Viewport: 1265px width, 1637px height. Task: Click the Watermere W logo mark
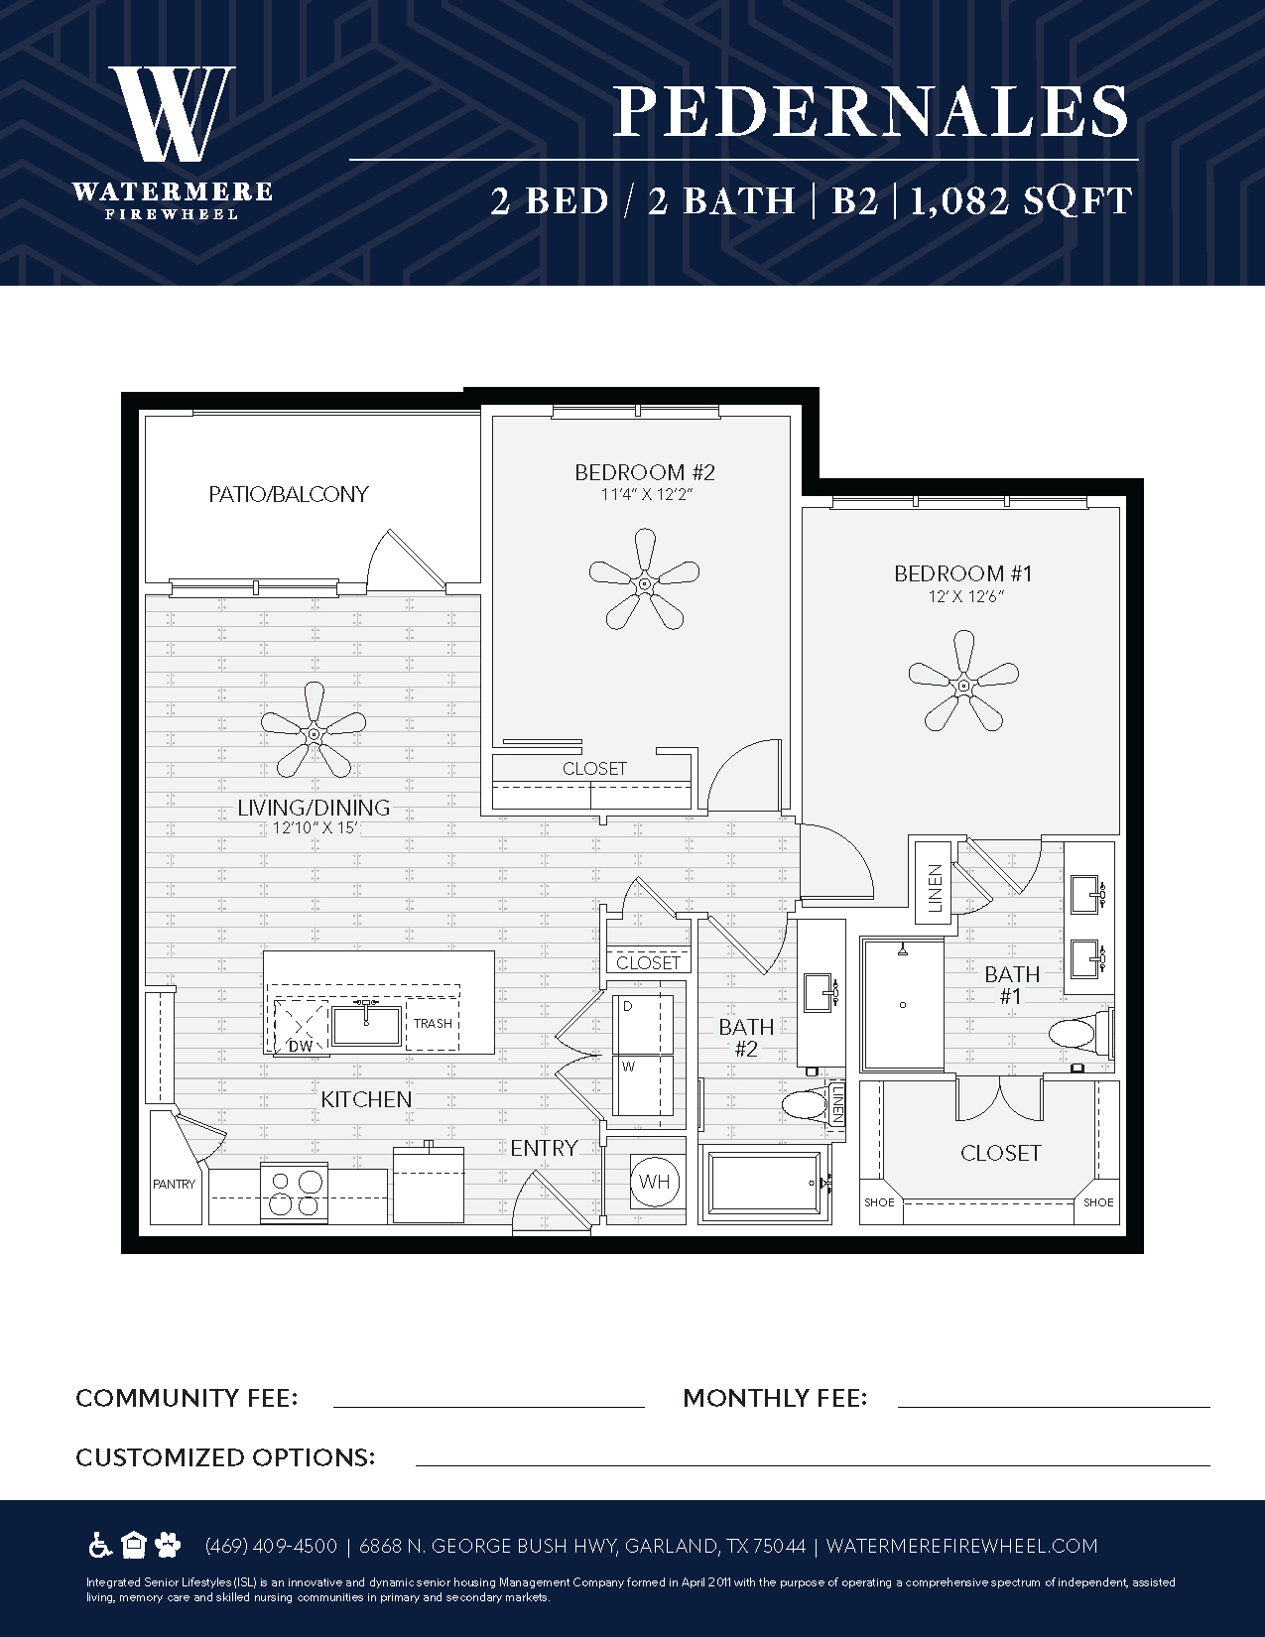173,113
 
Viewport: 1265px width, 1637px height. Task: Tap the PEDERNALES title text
871,111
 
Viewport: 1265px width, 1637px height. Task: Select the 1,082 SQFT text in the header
1021,201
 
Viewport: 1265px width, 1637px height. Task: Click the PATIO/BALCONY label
289,494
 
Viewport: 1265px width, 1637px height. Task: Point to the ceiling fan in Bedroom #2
644,579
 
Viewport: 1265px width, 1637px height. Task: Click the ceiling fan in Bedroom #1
963,681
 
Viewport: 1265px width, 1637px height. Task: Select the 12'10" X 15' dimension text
315,829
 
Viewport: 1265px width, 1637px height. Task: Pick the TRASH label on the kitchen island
433,1023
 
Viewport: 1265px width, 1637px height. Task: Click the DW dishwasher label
301,1046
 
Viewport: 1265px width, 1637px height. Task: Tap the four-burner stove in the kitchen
295,1194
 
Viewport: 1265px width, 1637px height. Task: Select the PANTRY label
174,1185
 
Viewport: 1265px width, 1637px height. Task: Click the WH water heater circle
655,1182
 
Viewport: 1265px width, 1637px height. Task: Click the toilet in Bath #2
806,1106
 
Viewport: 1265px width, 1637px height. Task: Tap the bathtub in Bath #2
764,1185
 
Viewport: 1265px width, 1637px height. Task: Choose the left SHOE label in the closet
879,1202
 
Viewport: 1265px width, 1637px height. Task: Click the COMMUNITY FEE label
187,1398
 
